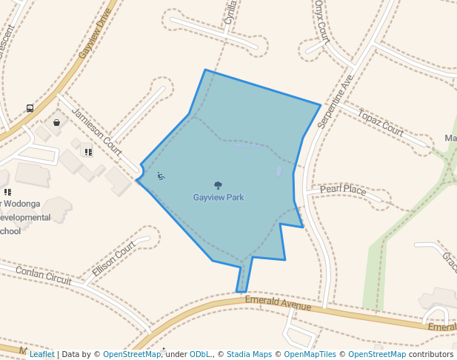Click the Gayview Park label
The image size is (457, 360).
(x=219, y=198)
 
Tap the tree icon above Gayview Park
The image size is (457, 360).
(x=218, y=185)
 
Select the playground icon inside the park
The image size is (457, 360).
(x=161, y=176)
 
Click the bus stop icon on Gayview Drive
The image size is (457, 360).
(x=30, y=108)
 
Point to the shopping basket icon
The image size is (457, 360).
(x=56, y=122)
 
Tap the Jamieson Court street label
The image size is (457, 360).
(x=96, y=132)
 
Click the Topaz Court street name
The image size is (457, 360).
(x=381, y=121)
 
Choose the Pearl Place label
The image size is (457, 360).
(x=343, y=190)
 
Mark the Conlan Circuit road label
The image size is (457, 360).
(x=45, y=275)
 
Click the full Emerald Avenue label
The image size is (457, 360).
(x=278, y=305)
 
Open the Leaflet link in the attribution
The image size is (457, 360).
(x=41, y=354)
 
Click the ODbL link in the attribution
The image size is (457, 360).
(x=200, y=354)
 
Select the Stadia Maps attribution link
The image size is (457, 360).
(x=249, y=354)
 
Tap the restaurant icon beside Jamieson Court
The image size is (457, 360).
(x=88, y=152)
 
